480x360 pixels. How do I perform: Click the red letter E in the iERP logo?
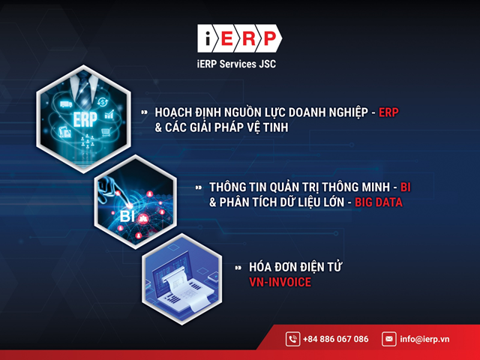pos(227,38)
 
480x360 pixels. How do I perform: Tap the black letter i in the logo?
pos(208,38)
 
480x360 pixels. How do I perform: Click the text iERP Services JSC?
pos(236,64)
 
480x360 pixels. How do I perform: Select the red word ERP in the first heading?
pos(388,112)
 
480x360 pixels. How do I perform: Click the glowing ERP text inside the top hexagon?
pos(85,119)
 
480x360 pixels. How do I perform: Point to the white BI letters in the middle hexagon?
pos(127,216)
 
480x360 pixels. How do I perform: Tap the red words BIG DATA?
pos(378,202)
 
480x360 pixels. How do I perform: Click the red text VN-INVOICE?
pos(280,282)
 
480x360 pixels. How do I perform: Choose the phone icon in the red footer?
pos(292,339)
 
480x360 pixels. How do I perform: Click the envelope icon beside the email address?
pos(388,339)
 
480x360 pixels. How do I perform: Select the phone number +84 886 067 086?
pos(335,339)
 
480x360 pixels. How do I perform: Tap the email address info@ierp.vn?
pos(424,339)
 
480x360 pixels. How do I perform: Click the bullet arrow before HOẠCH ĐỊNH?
pos(144,112)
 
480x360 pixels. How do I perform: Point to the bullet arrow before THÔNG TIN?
pos(199,187)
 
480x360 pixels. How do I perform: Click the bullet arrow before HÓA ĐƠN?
pos(238,268)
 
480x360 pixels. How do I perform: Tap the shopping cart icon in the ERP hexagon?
pos(106,132)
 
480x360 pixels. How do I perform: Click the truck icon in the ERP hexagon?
pos(66,104)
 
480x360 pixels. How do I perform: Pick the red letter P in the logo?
pos(270,38)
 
